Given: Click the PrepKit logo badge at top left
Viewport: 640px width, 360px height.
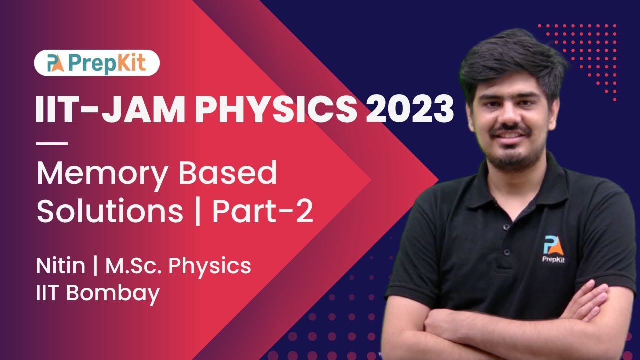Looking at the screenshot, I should coord(97,63).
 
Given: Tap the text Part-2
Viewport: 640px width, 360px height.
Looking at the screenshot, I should coord(262,212).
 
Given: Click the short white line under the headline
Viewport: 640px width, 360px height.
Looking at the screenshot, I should coord(52,143).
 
